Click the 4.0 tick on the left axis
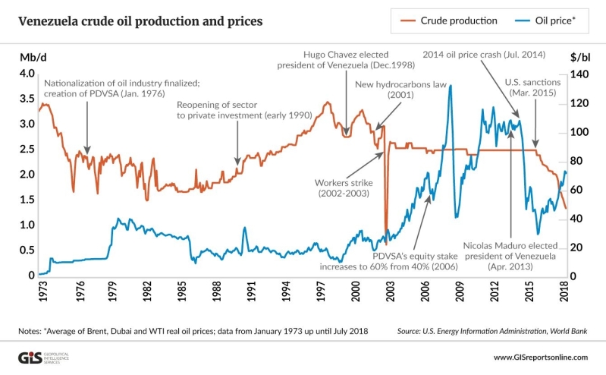(x=27, y=74)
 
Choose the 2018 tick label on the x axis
(x=566, y=293)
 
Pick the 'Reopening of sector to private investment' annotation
(x=240, y=109)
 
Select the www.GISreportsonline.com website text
(x=540, y=357)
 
